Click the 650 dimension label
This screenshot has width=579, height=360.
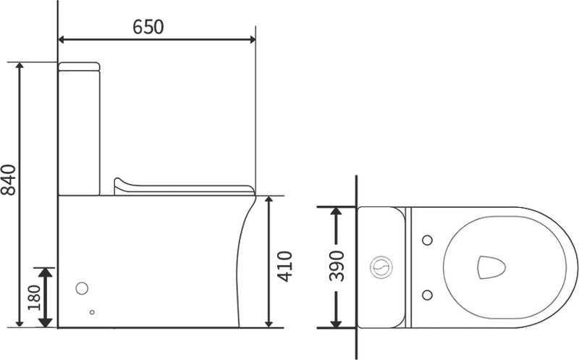point(148,27)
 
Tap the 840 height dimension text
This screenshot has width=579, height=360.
point(9,180)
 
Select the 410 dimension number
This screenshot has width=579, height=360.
point(284,267)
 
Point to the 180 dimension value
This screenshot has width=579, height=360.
point(34,298)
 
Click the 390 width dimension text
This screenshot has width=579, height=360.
point(337,266)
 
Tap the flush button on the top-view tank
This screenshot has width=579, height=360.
point(381,267)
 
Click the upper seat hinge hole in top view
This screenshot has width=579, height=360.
point(427,240)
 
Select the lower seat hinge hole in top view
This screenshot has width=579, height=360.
point(427,295)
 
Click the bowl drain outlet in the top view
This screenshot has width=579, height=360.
point(491,267)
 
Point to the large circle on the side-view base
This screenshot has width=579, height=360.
point(82,288)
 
